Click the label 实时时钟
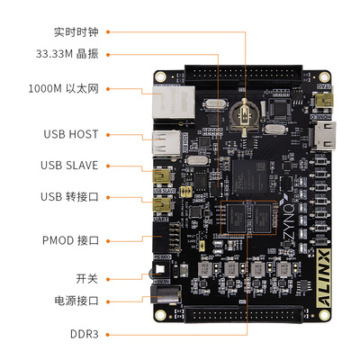pyautogui.click(x=76, y=31)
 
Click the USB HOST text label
pyautogui.click(x=69, y=134)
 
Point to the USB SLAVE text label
pyautogui.click(x=69, y=166)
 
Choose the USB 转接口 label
pyautogui.click(x=69, y=196)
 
